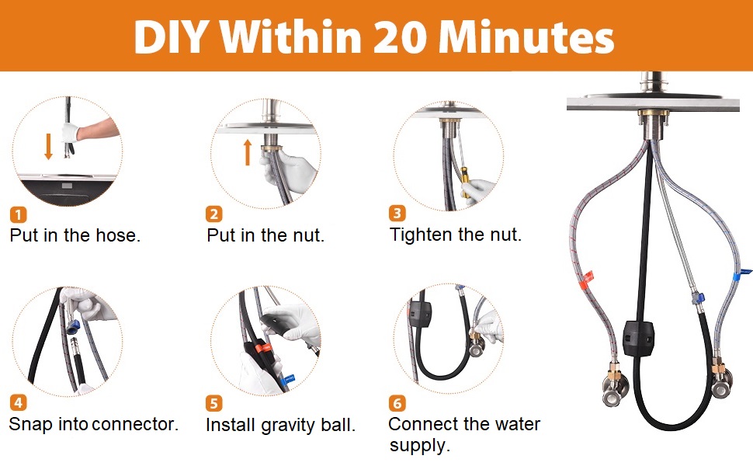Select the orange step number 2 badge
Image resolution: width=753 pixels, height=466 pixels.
click(x=214, y=214)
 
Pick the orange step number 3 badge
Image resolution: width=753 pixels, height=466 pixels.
click(x=397, y=213)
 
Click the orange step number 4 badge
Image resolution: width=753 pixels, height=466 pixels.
click(x=18, y=403)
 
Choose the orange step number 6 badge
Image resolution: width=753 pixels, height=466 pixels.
click(x=397, y=403)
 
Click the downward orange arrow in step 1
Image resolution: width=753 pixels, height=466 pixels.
click(x=48, y=146)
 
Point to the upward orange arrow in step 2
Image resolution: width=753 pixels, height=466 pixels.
click(x=248, y=151)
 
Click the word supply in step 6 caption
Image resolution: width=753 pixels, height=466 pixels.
click(x=419, y=446)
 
